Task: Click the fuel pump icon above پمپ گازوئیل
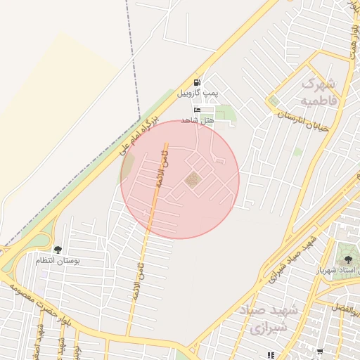tap(196, 82)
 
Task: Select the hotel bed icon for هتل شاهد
tap(196, 110)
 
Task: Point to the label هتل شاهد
tap(196, 120)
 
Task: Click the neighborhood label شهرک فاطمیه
tap(319, 91)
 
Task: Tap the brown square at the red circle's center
tap(192, 180)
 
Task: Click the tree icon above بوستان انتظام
tap(57, 250)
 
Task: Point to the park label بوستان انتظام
tap(58, 260)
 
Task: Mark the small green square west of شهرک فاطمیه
tap(274, 101)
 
